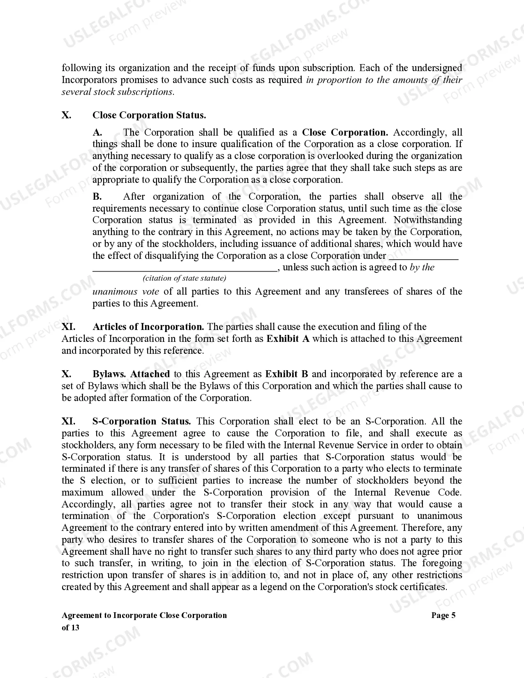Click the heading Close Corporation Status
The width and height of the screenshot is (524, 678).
[149, 115]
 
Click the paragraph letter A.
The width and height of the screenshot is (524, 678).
[97, 132]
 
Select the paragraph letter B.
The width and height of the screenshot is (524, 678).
[97, 196]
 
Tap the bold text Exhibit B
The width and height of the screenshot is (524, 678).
[286, 374]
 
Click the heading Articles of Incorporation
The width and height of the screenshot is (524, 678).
[148, 327]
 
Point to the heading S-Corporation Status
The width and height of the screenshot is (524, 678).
[141, 421]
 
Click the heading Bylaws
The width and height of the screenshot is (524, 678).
[109, 374]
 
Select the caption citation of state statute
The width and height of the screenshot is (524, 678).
[185, 278]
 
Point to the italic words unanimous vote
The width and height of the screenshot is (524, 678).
[125, 291]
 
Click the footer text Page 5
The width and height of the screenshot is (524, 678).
[443, 615]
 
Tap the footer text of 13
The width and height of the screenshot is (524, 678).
[70, 627]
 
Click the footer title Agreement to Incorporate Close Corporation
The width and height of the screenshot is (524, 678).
[144, 615]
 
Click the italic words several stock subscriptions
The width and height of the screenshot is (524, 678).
[118, 92]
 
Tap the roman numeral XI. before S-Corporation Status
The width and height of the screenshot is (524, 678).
[68, 421]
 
